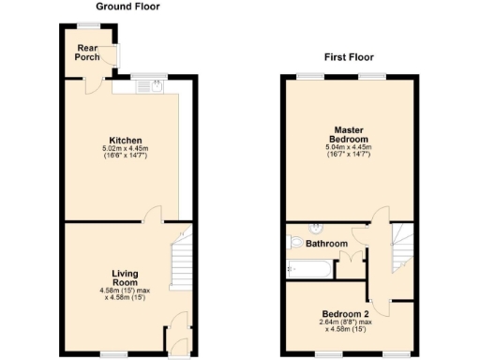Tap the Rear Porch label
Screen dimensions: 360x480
(x=87, y=52)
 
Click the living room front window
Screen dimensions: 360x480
(x=114, y=354)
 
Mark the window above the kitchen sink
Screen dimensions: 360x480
(x=148, y=76)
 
